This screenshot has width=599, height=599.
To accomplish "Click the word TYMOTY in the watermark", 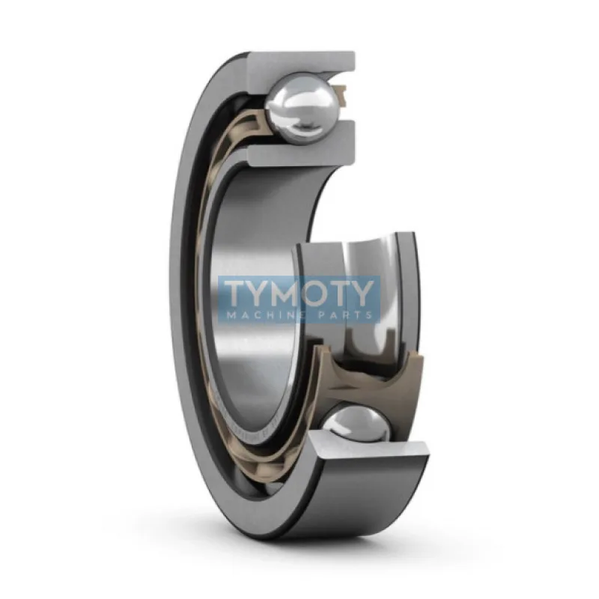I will tap(299, 292).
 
